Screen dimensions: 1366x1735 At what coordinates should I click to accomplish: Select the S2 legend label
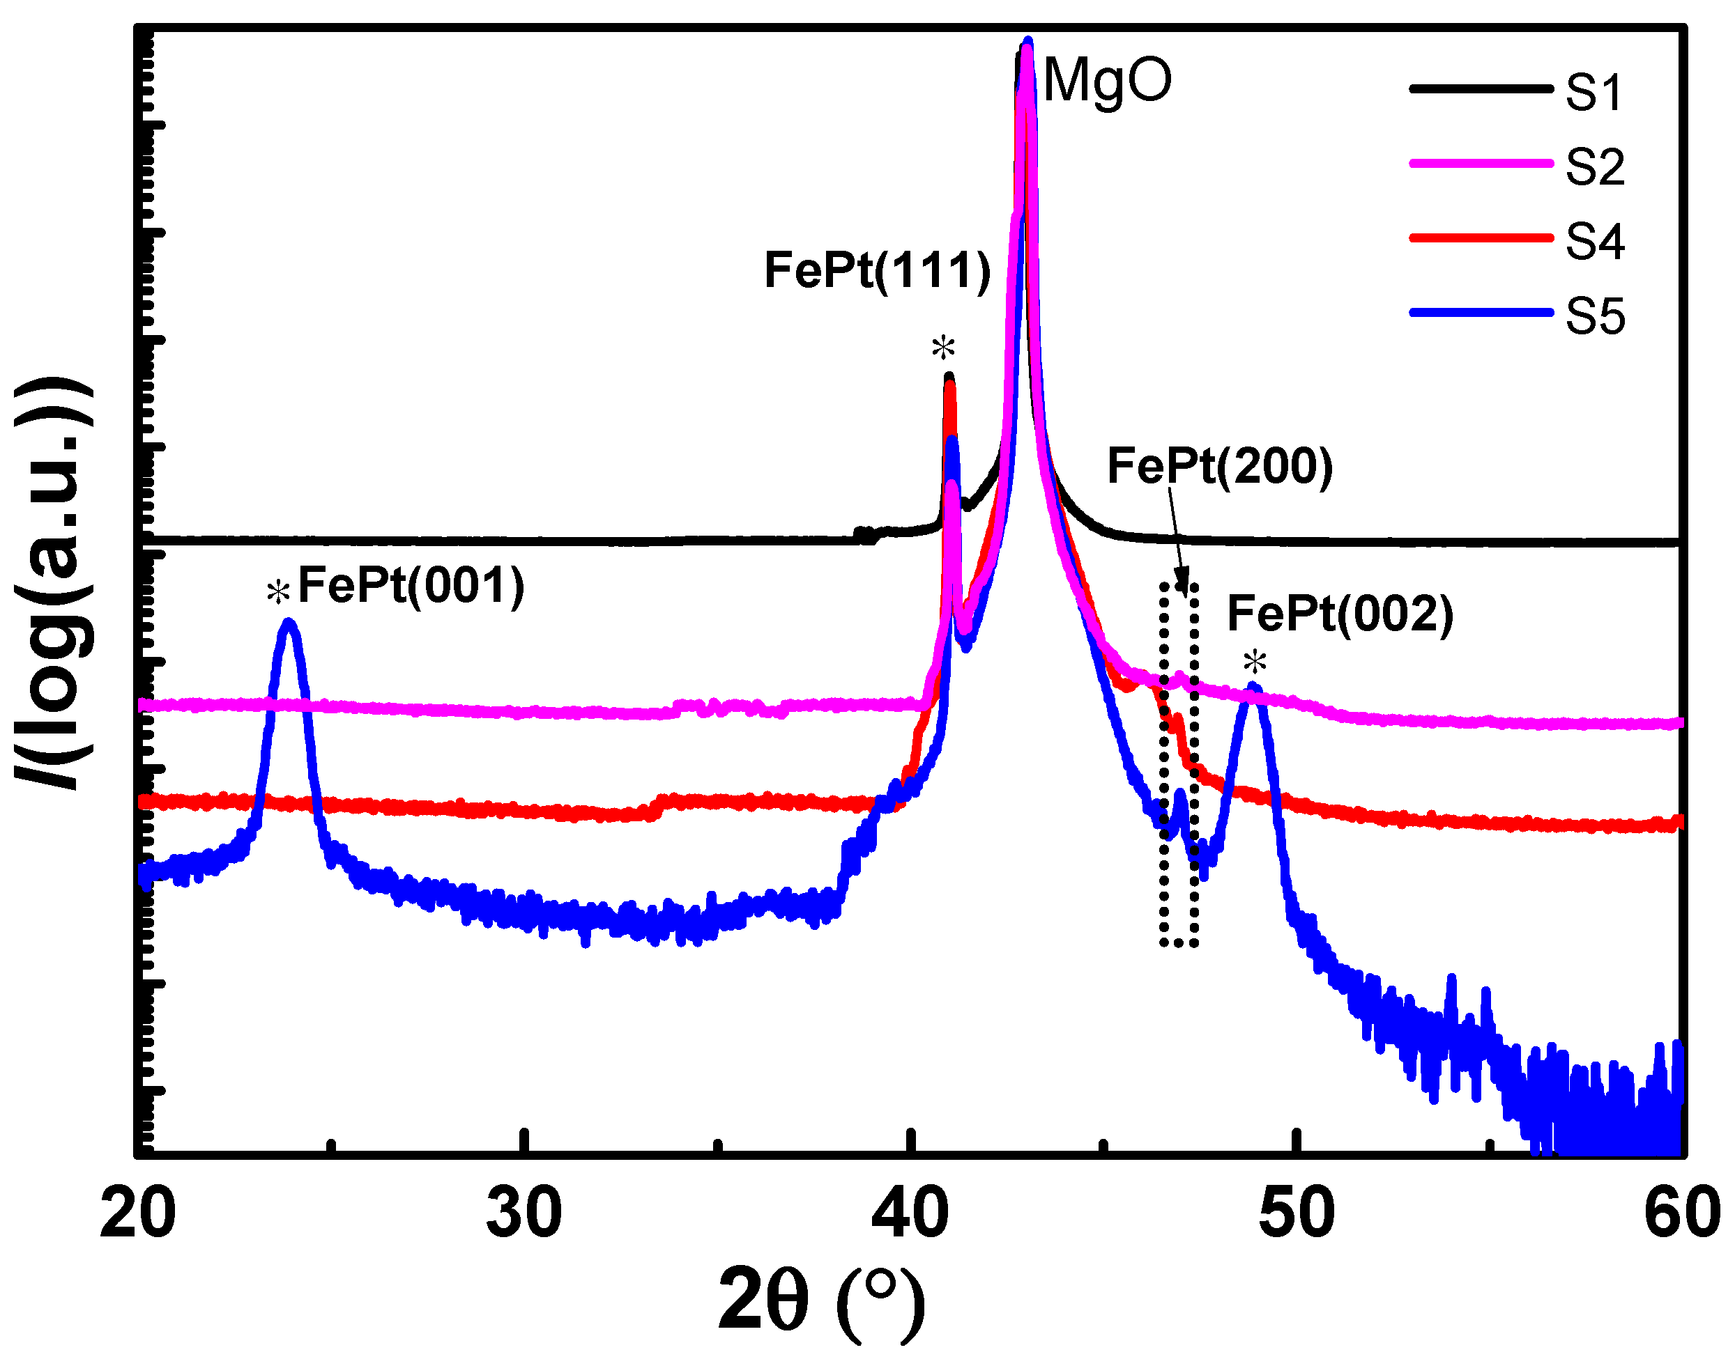(1594, 167)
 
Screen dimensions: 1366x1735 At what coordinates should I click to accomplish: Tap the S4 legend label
(1594, 242)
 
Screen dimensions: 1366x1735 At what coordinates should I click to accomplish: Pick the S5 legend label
(1594, 316)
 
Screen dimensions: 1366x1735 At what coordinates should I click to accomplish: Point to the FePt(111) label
(877, 270)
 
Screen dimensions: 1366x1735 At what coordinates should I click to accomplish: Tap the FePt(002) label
(1340, 614)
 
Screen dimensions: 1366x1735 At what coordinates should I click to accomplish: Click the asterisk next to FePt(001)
(277, 592)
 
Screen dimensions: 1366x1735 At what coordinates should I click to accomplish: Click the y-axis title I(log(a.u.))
(54, 584)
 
